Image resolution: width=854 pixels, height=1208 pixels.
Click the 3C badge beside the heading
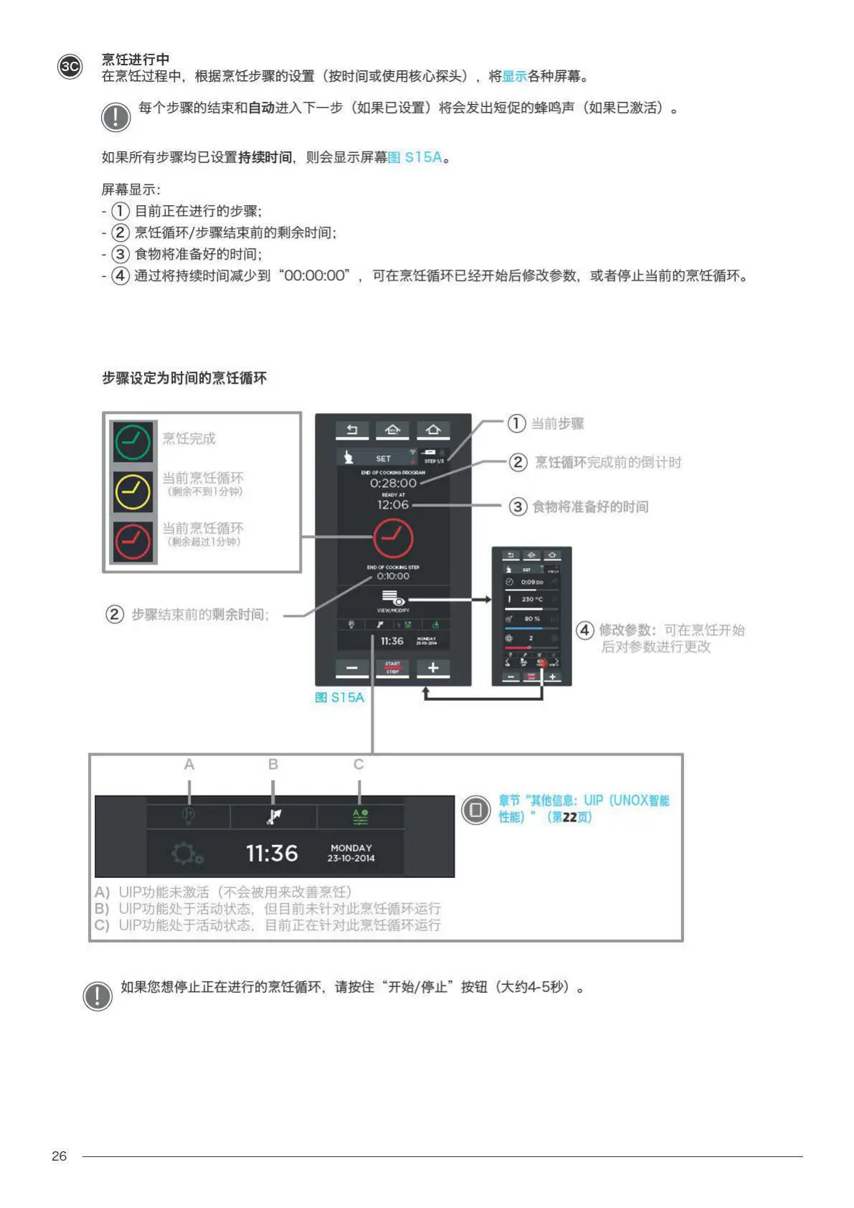click(x=70, y=67)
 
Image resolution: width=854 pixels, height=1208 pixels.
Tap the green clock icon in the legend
click(x=133, y=442)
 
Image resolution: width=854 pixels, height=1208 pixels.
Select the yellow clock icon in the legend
click(x=133, y=491)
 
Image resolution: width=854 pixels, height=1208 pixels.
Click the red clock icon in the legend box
click(x=133, y=540)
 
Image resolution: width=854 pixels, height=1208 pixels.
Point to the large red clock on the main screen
click(x=393, y=537)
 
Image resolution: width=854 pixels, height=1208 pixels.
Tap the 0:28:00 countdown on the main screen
click(x=393, y=483)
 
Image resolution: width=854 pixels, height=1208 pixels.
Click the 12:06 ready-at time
click(x=393, y=505)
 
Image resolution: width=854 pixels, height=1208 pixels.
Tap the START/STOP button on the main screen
click(x=393, y=668)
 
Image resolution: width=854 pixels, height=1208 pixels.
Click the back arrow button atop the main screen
click(x=352, y=430)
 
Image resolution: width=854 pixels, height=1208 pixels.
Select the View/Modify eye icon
click(x=393, y=598)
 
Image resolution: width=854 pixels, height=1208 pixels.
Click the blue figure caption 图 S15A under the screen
click(x=339, y=697)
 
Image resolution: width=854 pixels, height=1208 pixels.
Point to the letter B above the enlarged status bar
click(x=272, y=765)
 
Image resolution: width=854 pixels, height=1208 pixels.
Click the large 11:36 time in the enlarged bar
click(x=272, y=853)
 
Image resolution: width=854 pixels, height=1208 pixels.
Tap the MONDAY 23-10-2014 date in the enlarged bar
click(x=351, y=853)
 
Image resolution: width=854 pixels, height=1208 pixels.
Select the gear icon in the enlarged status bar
click(x=186, y=854)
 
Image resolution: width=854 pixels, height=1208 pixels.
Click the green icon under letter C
click(x=360, y=816)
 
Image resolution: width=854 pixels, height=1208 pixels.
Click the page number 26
click(x=59, y=1156)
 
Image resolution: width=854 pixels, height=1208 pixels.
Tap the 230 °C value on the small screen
click(x=532, y=599)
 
